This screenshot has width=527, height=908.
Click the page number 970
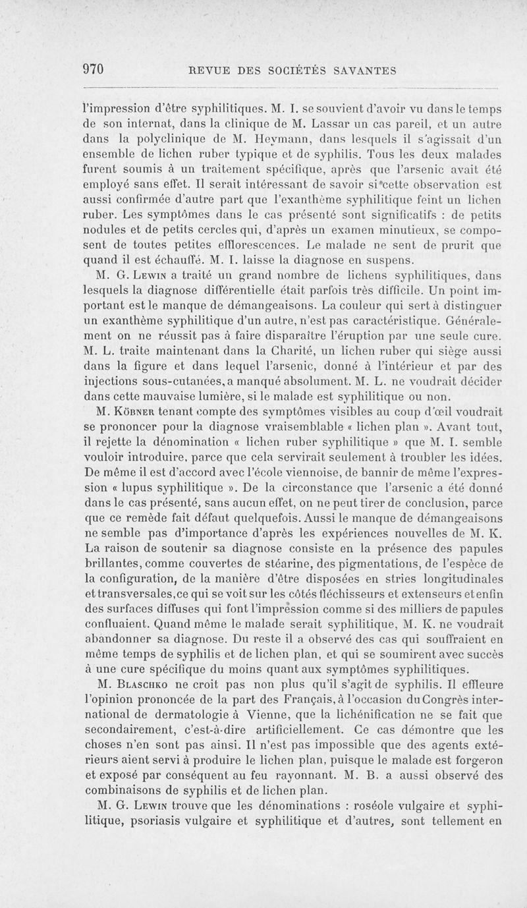[x=94, y=70]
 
